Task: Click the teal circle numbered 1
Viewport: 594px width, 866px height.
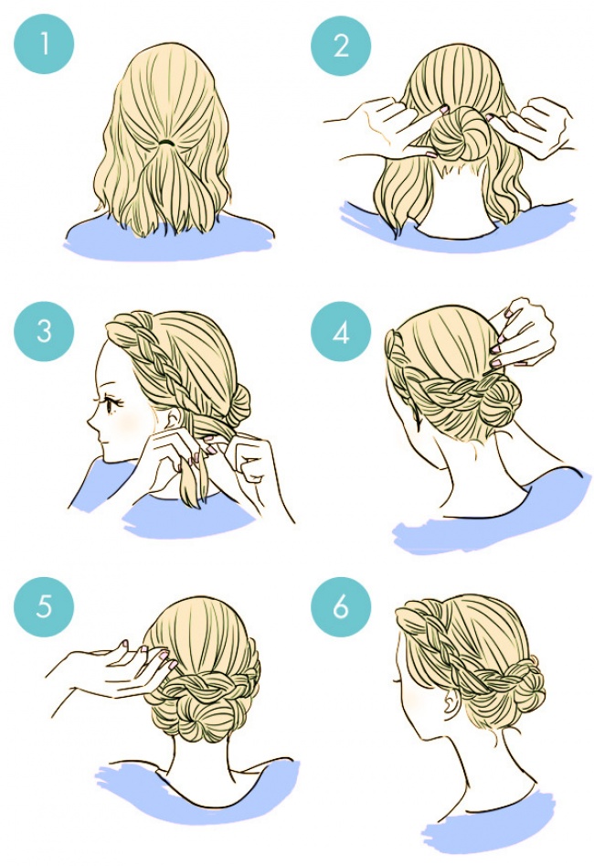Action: coord(44,44)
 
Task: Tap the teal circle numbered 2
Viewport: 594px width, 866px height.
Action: coord(341,45)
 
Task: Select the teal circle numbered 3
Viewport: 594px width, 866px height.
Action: coord(44,331)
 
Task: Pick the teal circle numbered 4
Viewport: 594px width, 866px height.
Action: coord(341,331)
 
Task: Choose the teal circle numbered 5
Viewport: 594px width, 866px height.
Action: coord(44,606)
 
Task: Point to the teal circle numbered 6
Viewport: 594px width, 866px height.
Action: coord(341,606)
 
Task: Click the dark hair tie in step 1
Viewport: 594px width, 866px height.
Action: coord(166,143)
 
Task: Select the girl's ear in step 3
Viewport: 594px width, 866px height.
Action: coord(174,419)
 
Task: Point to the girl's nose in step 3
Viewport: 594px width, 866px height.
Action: coord(90,421)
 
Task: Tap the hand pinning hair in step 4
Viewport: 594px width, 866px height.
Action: coord(522,333)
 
